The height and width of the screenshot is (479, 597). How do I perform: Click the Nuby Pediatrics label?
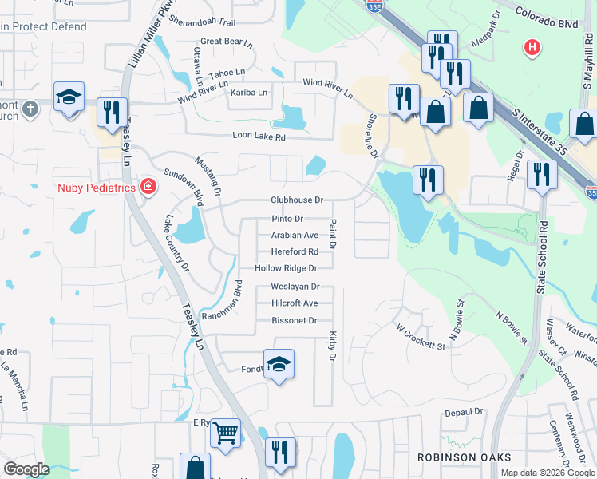[95, 188]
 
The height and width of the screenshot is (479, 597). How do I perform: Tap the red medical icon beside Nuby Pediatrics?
[148, 188]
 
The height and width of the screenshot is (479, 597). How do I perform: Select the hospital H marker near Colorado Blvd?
[532, 48]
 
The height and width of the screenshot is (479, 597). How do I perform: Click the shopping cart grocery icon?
[225, 433]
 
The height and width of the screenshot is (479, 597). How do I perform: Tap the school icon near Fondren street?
[279, 364]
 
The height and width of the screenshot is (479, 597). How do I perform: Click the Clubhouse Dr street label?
[297, 200]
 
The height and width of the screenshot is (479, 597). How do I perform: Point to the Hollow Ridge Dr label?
[286, 269]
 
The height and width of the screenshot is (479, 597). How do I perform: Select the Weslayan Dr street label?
[295, 287]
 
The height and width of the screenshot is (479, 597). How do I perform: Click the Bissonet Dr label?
[295, 321]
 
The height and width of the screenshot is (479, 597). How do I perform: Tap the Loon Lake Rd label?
[259, 137]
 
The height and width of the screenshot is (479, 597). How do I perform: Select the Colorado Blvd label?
[547, 18]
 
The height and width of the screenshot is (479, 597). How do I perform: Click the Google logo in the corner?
[26, 469]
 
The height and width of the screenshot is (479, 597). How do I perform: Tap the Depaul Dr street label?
[465, 412]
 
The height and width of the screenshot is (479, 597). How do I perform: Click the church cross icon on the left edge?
[30, 108]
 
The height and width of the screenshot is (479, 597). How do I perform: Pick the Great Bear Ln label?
[226, 42]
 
